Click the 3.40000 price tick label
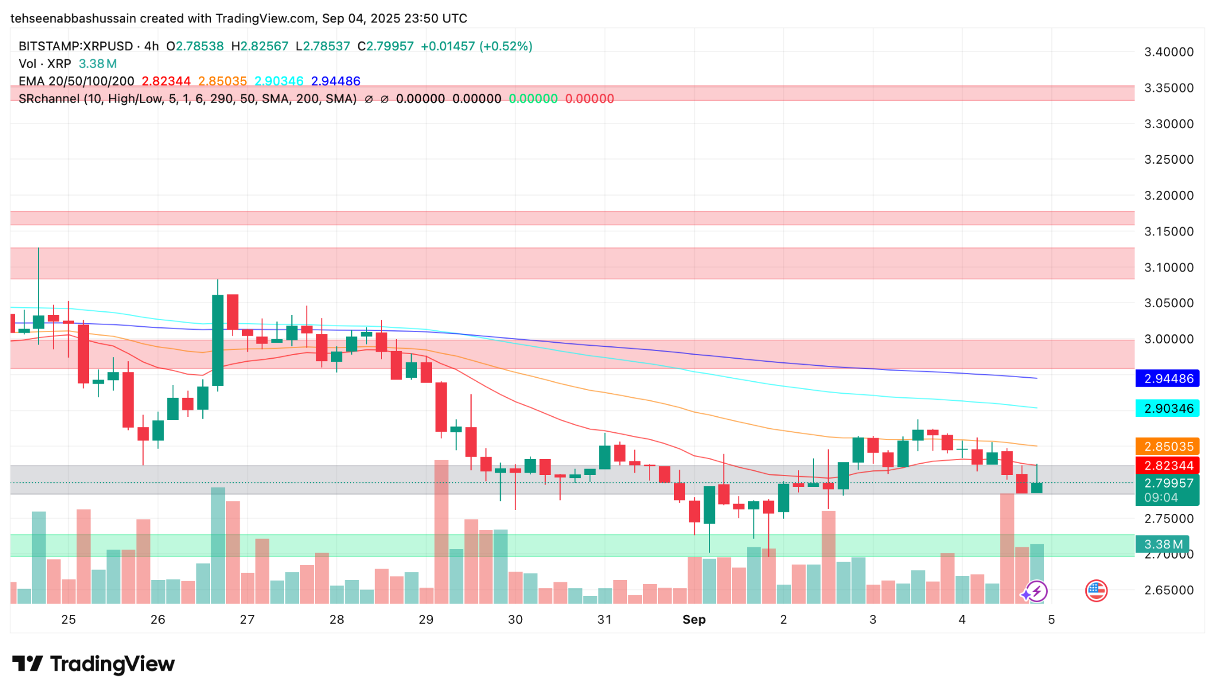(x=1168, y=52)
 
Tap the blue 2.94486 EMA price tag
(x=1167, y=378)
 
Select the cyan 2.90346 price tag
(x=1167, y=409)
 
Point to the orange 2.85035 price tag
(x=1167, y=447)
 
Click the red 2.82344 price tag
(x=1167, y=466)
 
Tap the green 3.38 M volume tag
(x=1163, y=544)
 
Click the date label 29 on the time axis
(x=426, y=620)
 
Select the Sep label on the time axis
(x=694, y=620)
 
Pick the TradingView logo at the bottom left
(x=93, y=664)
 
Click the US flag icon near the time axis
(x=1096, y=591)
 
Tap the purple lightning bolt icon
(x=1036, y=591)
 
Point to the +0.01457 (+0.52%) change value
(x=476, y=46)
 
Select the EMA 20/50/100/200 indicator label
(x=77, y=81)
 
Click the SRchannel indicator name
(x=49, y=99)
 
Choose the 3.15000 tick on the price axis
(x=1168, y=232)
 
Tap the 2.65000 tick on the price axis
(x=1168, y=591)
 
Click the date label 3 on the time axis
(x=873, y=620)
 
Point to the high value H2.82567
(x=260, y=46)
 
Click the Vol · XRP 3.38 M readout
(x=67, y=64)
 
